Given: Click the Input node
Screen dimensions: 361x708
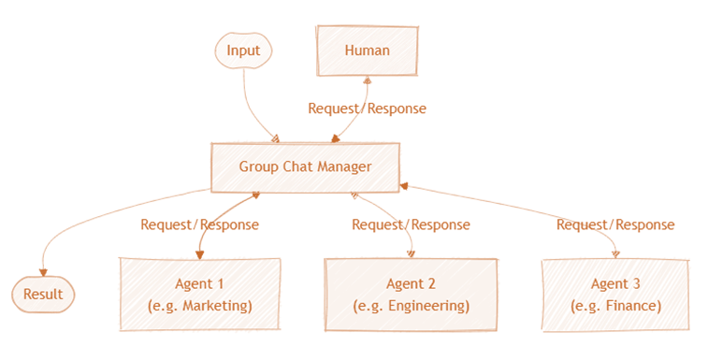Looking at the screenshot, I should click(242, 50).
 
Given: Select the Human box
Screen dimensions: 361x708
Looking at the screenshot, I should click(367, 50).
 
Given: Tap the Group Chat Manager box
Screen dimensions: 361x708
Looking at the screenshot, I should click(305, 166).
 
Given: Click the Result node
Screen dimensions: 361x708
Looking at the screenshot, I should click(43, 295).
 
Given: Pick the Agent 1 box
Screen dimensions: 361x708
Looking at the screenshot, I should click(200, 294).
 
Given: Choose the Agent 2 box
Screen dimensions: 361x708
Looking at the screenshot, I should click(411, 294).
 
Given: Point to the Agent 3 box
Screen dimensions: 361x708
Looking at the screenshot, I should click(614, 294).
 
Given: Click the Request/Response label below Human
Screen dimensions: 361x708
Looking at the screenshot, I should click(367, 108).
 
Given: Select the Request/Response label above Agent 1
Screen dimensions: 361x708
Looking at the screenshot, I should click(199, 224).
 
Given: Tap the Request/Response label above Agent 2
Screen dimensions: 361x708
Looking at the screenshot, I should click(411, 224).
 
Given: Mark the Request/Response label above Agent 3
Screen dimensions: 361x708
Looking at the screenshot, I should click(614, 224).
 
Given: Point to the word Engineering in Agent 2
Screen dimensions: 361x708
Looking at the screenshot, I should click(423, 306).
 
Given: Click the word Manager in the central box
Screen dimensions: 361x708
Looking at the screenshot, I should click(341, 166).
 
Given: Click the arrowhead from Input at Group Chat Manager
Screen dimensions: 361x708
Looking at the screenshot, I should click(275, 138).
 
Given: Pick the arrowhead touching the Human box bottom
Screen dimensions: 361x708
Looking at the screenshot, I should click(367, 80).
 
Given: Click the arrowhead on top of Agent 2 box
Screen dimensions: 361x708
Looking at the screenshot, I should click(411, 254).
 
